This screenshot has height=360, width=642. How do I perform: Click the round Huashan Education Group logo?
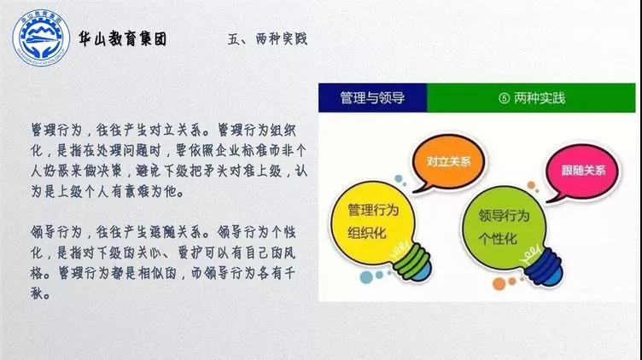pos(41,38)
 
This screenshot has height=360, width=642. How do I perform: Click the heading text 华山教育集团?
pos(123,39)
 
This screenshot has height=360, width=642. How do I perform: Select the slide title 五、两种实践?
pos(267,39)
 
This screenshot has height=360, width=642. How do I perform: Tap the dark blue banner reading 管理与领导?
pos(372,98)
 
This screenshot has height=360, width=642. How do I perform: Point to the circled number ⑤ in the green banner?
pos(504,98)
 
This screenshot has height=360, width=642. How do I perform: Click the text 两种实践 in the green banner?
pos(540,98)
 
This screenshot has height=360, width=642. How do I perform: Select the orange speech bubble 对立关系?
pos(449,162)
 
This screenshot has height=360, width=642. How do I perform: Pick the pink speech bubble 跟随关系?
pos(583,171)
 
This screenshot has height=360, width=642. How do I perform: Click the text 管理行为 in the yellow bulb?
pos(373,210)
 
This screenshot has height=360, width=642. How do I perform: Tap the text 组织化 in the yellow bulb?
pos(367,233)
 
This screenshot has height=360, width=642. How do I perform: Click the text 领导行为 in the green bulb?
pos(504,216)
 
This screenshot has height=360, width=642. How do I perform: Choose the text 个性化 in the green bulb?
pos(498,239)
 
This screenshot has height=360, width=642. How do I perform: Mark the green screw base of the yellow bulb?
pos(411,260)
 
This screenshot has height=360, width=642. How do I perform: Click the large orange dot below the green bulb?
pos(499,284)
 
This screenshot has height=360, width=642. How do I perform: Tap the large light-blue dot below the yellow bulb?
pos(366,277)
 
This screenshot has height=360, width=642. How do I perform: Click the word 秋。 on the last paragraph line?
pos(40,293)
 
